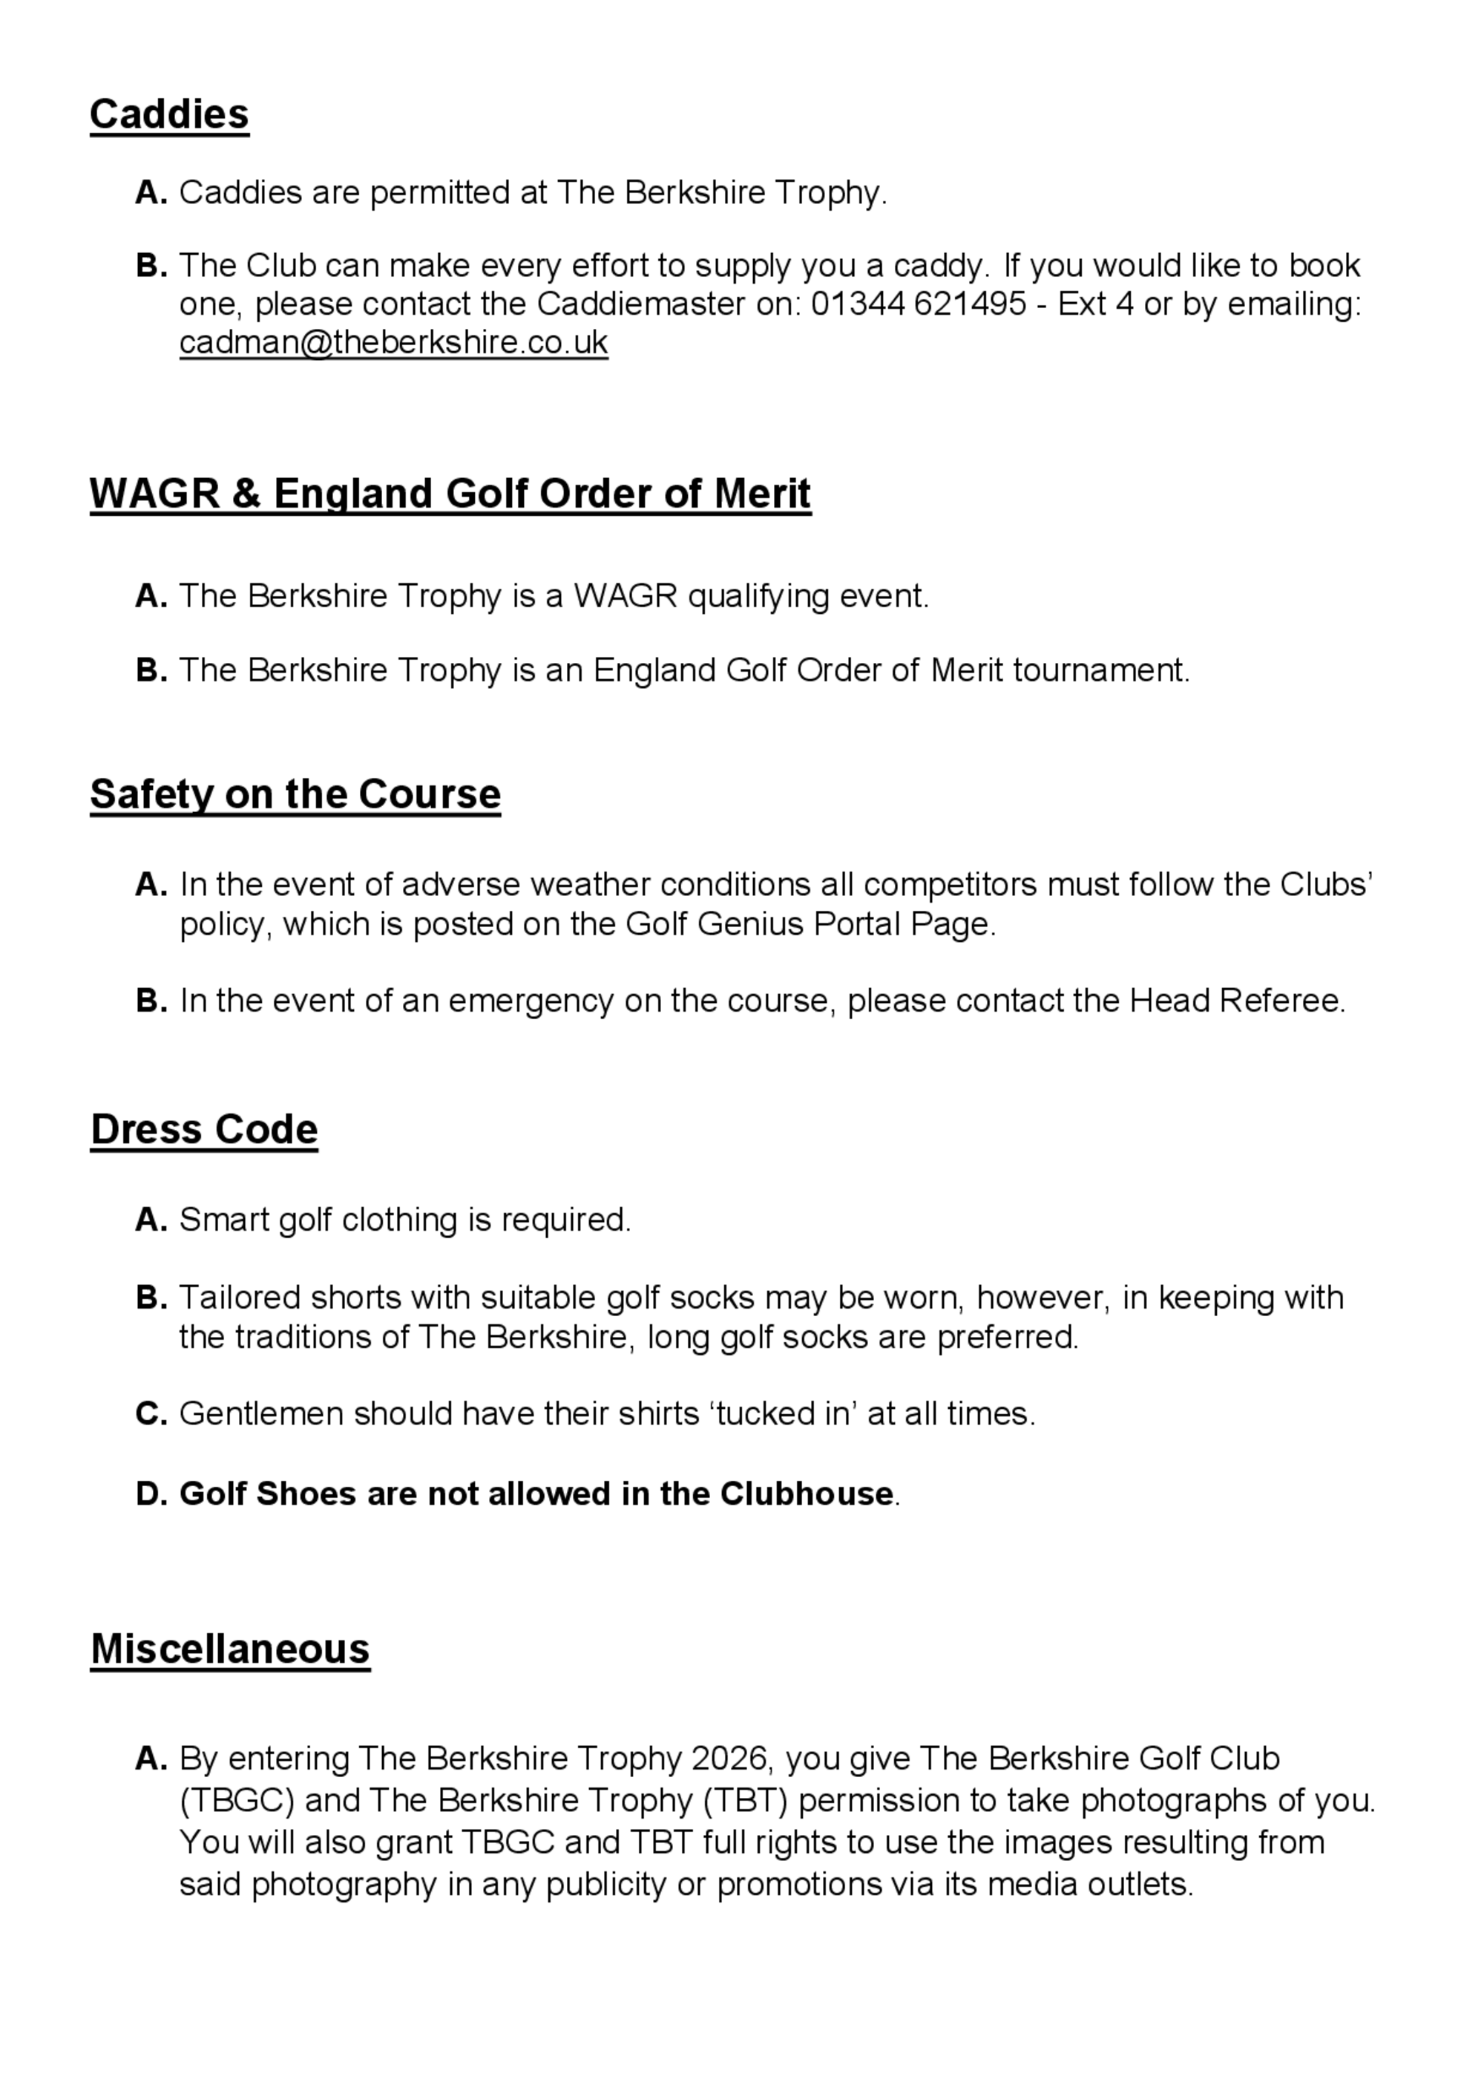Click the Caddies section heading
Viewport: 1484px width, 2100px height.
tap(169, 114)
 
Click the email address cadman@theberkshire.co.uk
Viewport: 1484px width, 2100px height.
tap(393, 342)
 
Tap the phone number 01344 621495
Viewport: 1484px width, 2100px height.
tap(918, 304)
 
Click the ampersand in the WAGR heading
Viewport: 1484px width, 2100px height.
tap(246, 494)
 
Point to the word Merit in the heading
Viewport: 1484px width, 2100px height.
tap(761, 494)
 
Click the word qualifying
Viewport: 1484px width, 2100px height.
tap(758, 596)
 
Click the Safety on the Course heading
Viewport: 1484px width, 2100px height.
tap(295, 794)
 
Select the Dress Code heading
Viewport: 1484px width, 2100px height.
tap(204, 1130)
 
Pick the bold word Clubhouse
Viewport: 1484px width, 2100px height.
tap(807, 1494)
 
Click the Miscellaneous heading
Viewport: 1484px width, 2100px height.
tap(231, 1649)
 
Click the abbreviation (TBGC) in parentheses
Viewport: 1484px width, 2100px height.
tap(237, 1800)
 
